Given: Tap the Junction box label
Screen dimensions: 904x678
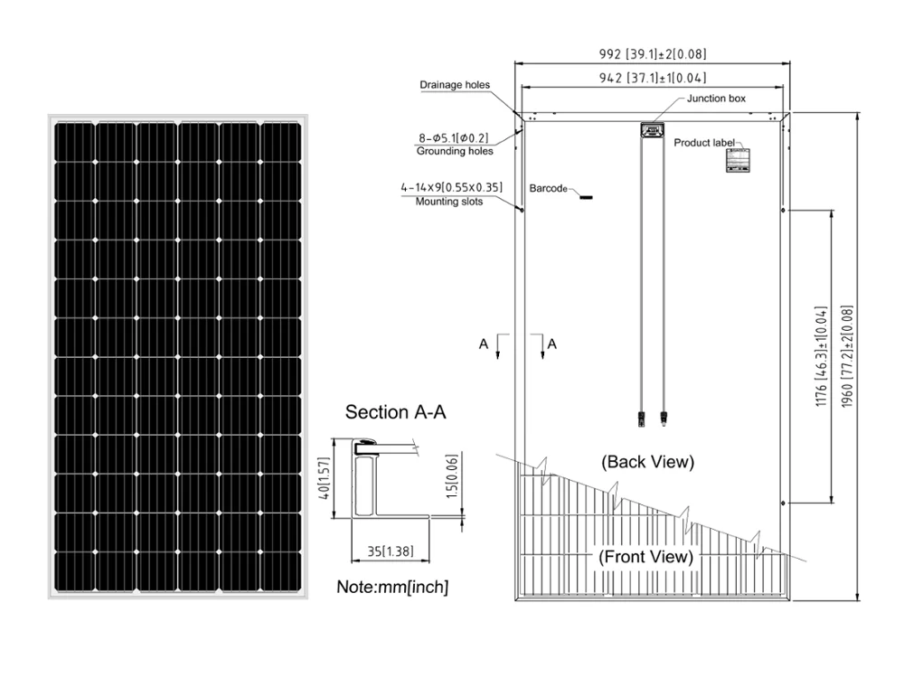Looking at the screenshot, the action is click(x=716, y=99).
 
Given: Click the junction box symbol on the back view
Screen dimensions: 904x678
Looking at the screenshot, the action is click(x=651, y=130).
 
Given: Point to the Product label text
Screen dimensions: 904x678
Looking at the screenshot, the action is click(x=705, y=142).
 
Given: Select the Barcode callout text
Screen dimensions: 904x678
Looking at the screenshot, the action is click(x=548, y=189).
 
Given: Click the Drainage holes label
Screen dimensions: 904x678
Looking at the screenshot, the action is click(x=455, y=86).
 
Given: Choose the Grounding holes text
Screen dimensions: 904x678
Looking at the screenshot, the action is click(x=455, y=151).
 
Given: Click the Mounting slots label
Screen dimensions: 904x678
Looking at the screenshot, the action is click(x=449, y=202).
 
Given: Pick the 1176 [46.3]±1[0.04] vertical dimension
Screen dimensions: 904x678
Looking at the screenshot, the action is click(x=821, y=355).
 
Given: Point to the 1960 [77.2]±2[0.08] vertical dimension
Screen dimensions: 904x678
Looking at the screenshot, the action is click(x=846, y=355).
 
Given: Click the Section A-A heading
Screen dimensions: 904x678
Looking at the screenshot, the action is click(x=396, y=412).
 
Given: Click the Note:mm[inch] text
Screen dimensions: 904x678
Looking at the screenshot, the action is click(x=392, y=587).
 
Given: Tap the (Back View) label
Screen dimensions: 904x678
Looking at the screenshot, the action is click(x=647, y=462).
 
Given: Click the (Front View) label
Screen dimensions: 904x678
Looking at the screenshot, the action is click(x=645, y=556).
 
